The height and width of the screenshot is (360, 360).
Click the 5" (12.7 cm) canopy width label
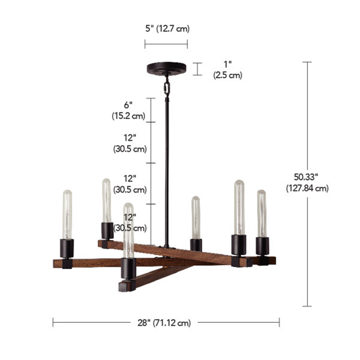[x=167, y=29]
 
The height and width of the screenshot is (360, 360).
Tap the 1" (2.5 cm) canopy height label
[x=228, y=70]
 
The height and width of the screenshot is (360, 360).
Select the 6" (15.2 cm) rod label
[x=128, y=110]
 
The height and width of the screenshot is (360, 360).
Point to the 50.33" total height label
[x=306, y=177]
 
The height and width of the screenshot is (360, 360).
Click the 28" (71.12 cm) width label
[x=164, y=323]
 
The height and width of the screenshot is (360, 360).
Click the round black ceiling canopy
[x=166, y=68]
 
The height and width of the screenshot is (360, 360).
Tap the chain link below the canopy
[x=167, y=88]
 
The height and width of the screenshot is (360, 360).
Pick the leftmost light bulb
[x=67, y=215]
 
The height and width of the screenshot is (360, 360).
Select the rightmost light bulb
[x=262, y=214]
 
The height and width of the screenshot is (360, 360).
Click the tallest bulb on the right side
[x=239, y=208]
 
